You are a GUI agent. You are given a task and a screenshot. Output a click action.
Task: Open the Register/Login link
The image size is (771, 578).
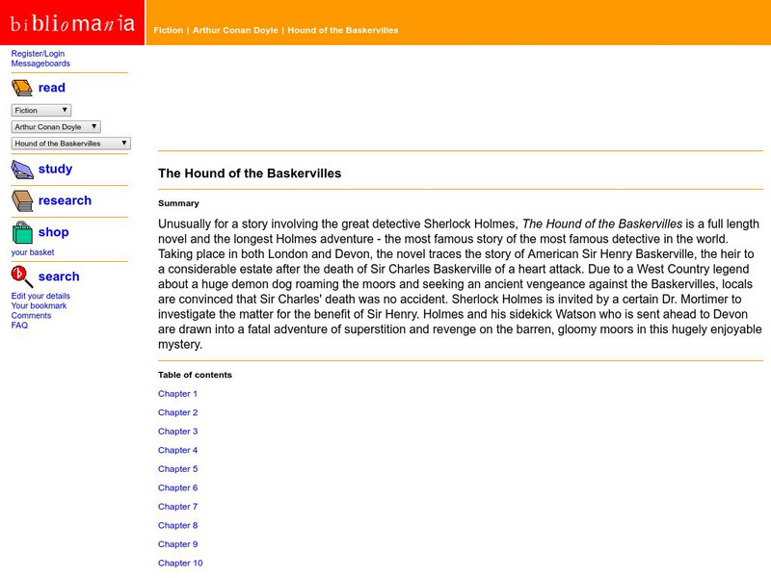coord(38,54)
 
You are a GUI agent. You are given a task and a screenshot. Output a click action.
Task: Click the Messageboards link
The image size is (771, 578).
coord(40,64)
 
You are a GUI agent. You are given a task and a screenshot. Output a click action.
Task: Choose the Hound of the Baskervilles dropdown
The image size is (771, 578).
coord(70,144)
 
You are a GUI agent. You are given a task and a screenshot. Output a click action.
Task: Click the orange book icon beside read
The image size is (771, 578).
coord(21,89)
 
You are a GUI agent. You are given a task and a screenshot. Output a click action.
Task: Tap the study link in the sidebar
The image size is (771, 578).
coord(55,169)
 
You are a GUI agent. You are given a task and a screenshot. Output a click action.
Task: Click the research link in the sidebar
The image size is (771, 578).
coord(65,200)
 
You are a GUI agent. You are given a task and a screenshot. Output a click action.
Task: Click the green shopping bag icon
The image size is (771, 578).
coord(21,232)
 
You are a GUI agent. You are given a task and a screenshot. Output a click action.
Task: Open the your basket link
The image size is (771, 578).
coord(33,252)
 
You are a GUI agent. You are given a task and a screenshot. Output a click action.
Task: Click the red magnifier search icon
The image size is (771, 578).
coord(21,276)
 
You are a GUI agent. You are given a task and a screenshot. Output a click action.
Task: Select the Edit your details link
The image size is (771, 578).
coord(40,296)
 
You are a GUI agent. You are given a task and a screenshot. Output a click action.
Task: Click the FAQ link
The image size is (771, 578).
coord(19,326)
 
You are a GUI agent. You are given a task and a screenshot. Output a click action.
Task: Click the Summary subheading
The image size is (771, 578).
coord(178,203)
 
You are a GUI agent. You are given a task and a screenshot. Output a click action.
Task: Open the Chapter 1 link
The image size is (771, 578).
coord(177,394)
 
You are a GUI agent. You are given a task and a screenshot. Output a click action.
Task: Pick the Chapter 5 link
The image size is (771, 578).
coord(177,469)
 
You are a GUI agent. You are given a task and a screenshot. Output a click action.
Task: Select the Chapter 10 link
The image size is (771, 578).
coord(180,563)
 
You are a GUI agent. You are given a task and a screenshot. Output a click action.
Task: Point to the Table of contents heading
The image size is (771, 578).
coord(195,375)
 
